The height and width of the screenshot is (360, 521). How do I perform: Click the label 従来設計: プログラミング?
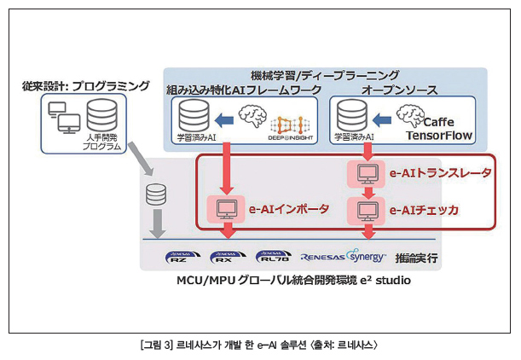tap(85, 87)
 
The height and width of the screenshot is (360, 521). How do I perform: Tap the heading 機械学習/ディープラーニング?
tap(325, 75)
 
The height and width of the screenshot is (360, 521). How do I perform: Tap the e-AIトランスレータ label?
tap(440, 173)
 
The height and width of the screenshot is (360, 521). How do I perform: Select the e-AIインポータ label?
tap(289, 207)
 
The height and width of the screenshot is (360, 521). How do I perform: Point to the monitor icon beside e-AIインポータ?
tap(226, 207)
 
